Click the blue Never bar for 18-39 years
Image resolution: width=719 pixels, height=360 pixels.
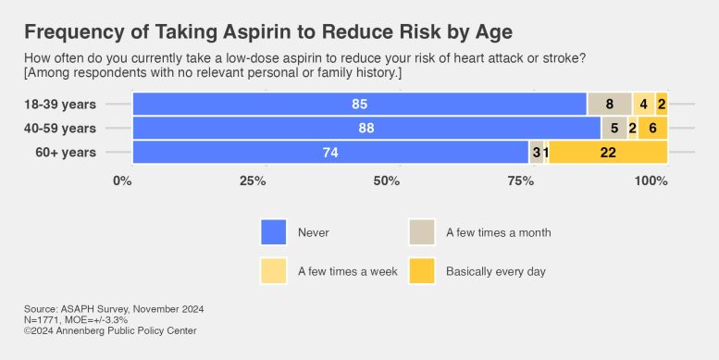pos(359,104)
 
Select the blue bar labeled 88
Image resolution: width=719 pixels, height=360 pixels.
pos(366,128)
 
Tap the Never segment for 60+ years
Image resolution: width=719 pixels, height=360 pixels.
pos(330,153)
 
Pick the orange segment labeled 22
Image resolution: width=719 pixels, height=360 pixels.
pos(608,153)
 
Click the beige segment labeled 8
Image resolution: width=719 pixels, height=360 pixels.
pos(610,104)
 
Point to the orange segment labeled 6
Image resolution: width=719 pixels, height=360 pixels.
pos(652,128)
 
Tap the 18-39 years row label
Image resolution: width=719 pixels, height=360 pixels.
pos(60,104)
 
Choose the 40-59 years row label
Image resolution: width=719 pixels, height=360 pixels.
pos(60,128)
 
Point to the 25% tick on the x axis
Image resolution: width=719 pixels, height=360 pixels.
pos(254,180)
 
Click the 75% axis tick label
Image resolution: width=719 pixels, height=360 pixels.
pos(520,180)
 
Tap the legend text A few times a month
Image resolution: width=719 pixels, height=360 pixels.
pos(498,232)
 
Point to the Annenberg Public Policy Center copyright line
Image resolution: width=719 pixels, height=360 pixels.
pos(110,330)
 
